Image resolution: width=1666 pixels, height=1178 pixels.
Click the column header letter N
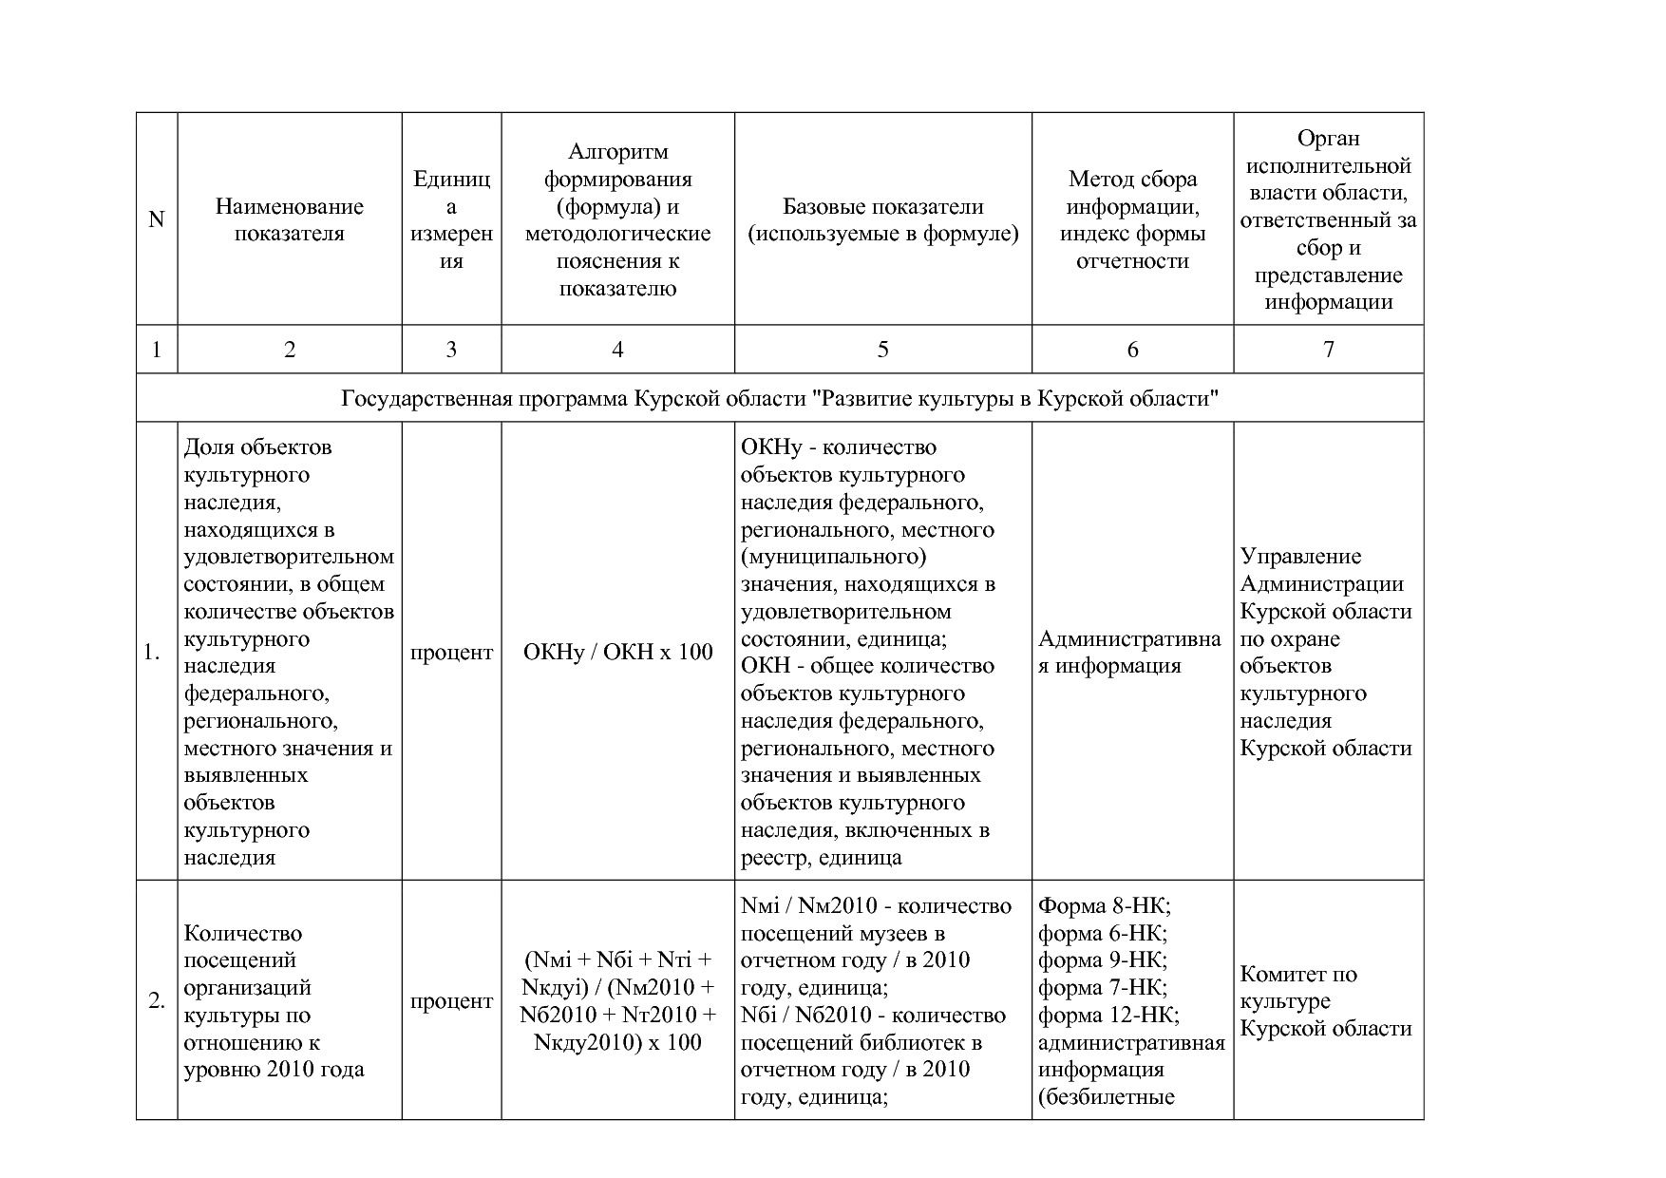click(157, 219)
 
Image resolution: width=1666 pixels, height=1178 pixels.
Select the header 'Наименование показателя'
click(289, 219)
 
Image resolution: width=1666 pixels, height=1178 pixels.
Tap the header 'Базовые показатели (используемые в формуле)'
click(882, 219)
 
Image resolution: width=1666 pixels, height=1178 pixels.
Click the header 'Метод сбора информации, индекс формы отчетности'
click(1132, 219)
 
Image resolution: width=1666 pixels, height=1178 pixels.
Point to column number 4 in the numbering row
click(617, 350)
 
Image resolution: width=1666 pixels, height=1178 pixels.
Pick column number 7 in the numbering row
click(1328, 350)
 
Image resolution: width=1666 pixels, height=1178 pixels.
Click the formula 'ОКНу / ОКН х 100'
click(617, 653)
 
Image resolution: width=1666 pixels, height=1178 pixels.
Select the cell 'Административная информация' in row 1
click(1129, 653)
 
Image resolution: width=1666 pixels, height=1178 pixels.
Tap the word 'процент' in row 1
click(451, 653)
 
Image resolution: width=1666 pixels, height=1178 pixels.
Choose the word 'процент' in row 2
click(451, 1001)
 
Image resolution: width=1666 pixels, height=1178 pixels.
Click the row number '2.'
click(157, 1001)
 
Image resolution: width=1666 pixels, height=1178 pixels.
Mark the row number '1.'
click(152, 653)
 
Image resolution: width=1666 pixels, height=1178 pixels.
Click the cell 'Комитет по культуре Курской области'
click(1325, 1001)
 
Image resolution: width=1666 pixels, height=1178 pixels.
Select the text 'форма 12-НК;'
click(1108, 1016)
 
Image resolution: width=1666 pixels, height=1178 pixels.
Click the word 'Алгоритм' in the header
click(617, 152)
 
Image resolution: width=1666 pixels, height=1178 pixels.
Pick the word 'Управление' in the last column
click(1300, 557)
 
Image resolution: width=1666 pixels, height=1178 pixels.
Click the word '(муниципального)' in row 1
click(833, 557)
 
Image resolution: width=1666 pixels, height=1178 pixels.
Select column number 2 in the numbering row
click(290, 350)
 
